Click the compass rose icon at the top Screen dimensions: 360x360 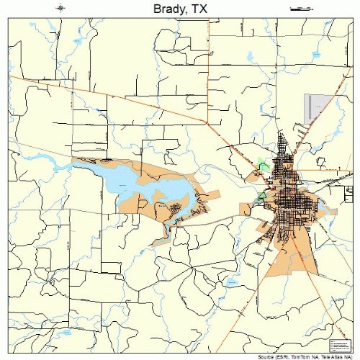click(60, 8)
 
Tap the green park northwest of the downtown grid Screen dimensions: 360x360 click(264, 166)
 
